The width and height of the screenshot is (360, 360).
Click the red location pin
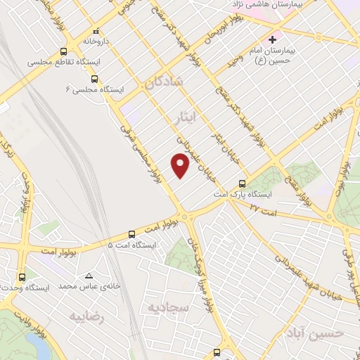pyautogui.click(x=181, y=165)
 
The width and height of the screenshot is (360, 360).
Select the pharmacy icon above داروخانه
pyautogui.click(x=96, y=32)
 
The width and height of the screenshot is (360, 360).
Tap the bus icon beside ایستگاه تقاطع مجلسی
pyautogui.click(x=64, y=51)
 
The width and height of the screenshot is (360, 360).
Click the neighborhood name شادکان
pyautogui.click(x=165, y=82)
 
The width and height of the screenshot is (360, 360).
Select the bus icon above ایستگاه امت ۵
pyautogui.click(x=131, y=234)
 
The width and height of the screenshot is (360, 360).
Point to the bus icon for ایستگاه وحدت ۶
pyautogui.click(x=22, y=277)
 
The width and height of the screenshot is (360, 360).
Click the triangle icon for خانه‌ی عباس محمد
pyautogui.click(x=89, y=276)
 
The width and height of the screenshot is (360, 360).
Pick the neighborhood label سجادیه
pyautogui.click(x=165, y=307)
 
